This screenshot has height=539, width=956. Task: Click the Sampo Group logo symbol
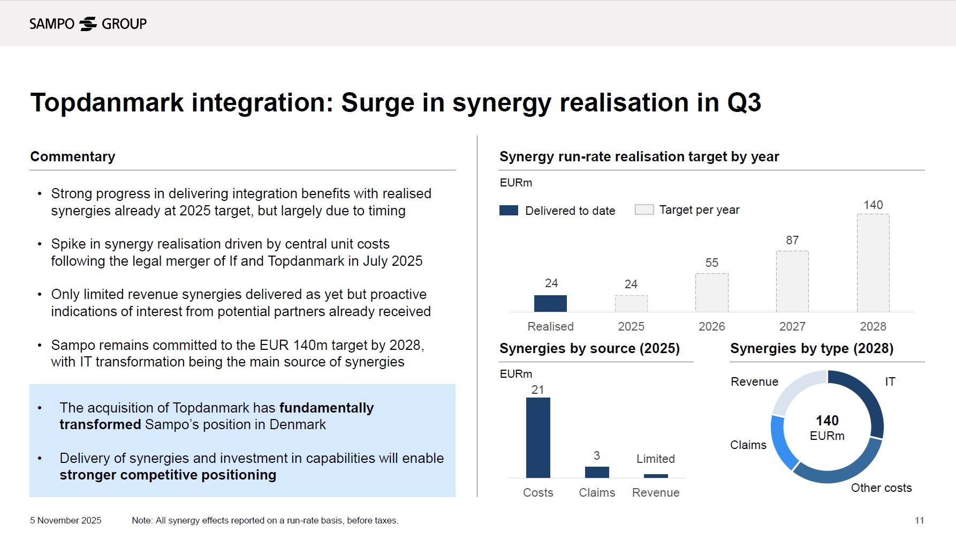pyautogui.click(x=88, y=24)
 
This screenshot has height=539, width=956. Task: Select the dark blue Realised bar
pyautogui.click(x=550, y=303)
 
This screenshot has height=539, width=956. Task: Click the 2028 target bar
pyautogui.click(x=873, y=263)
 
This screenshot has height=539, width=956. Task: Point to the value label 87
pyautogui.click(x=792, y=240)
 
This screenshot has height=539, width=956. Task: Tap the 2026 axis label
pyautogui.click(x=711, y=326)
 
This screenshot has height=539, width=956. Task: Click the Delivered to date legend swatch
pyautogui.click(x=509, y=210)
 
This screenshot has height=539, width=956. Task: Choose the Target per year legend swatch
pyautogui.click(x=644, y=209)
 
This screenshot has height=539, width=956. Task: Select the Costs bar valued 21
pyautogui.click(x=538, y=437)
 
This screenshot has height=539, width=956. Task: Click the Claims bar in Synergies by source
pyautogui.click(x=597, y=472)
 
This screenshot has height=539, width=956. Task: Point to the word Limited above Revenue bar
pyautogui.click(x=655, y=459)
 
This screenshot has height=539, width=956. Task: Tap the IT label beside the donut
pyautogui.click(x=890, y=381)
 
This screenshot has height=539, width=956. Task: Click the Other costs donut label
pyautogui.click(x=881, y=488)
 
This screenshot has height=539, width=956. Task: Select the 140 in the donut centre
pyautogui.click(x=827, y=421)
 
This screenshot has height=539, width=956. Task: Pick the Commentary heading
pyautogui.click(x=73, y=156)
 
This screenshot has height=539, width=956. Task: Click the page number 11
pyautogui.click(x=919, y=520)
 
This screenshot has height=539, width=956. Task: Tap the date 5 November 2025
pyautogui.click(x=65, y=520)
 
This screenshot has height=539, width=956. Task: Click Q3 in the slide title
pyautogui.click(x=743, y=102)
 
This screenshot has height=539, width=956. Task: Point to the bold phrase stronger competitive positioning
pyautogui.click(x=168, y=475)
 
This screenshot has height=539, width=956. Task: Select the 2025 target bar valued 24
pyautogui.click(x=631, y=304)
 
